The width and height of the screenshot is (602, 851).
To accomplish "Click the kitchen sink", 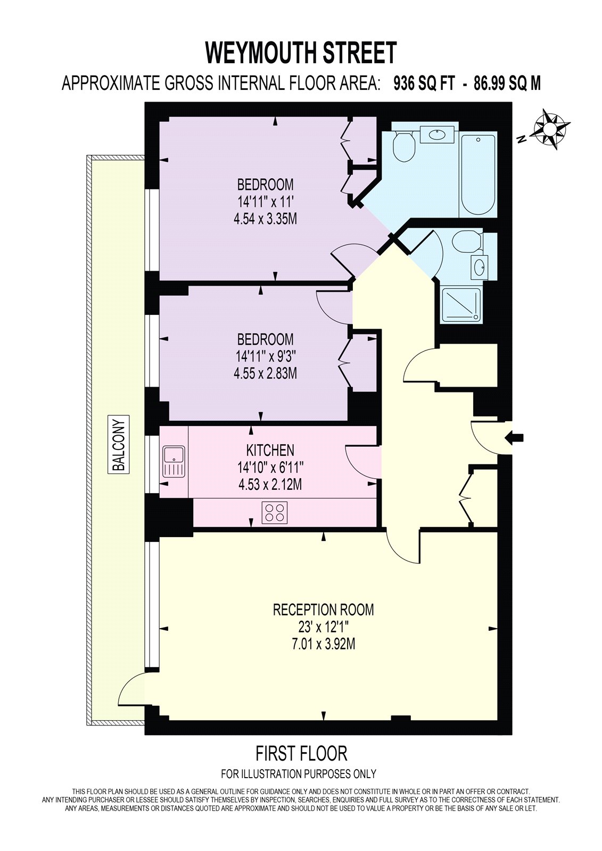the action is click(174, 462).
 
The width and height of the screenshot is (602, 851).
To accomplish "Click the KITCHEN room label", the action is click(270, 450).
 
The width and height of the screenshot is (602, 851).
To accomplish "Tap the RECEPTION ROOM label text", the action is click(323, 610).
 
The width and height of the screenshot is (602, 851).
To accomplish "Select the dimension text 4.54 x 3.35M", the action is click(266, 219).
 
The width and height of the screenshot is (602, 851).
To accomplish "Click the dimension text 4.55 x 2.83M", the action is click(266, 373).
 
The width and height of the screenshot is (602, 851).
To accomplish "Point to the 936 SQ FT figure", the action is click(424, 83).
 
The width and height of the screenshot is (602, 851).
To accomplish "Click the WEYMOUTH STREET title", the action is click(301, 53).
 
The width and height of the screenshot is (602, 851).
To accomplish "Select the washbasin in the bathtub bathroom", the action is click(437, 135).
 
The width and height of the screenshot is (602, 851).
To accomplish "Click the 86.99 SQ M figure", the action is click(507, 83).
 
